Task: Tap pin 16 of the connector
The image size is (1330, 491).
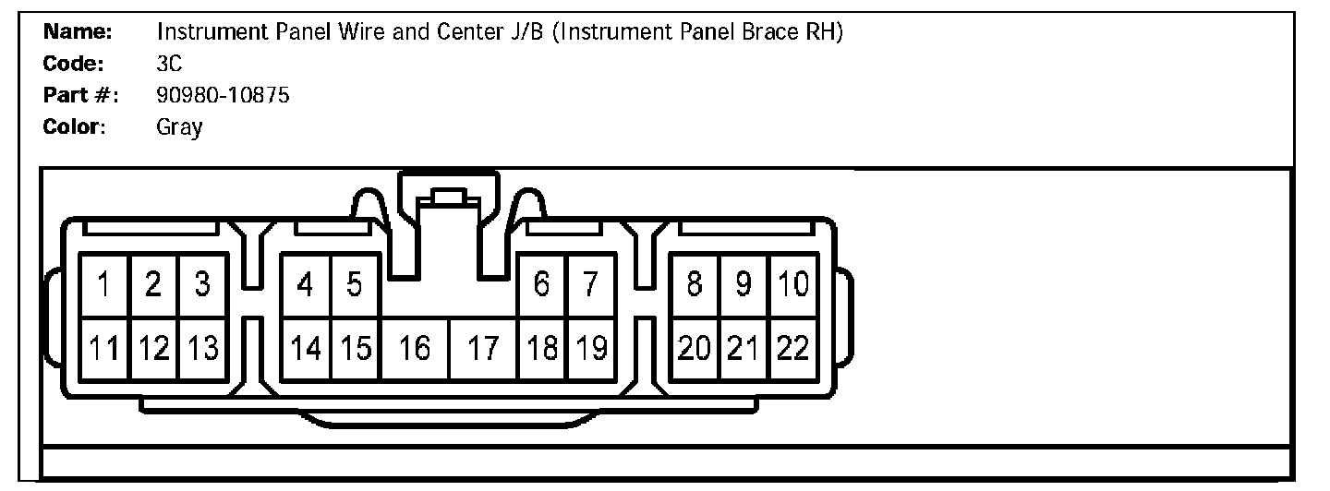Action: pos(416,349)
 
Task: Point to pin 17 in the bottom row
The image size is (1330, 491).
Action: pos(483,349)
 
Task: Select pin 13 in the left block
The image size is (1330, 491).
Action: pos(202,349)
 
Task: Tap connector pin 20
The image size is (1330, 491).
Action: pos(694,349)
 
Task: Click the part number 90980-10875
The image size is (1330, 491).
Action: pos(224,95)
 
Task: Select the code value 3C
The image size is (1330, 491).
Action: pos(170,64)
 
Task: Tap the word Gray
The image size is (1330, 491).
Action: pos(179,127)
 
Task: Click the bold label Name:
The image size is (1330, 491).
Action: pos(79,32)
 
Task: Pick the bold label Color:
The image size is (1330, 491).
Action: pos(76,127)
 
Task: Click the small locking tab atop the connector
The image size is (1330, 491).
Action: pos(449,197)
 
